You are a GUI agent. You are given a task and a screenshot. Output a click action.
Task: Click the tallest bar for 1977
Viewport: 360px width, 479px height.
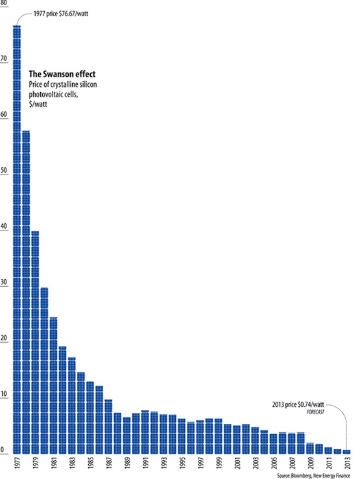[17, 240]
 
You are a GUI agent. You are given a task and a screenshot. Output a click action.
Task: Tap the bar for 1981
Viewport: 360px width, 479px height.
[53, 386]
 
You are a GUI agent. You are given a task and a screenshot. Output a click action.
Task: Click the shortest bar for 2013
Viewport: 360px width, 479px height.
[346, 452]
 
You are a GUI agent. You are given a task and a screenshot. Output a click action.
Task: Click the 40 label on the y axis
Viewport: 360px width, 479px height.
[5, 227]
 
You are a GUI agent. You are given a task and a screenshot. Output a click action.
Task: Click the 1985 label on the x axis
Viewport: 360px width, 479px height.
[90, 465]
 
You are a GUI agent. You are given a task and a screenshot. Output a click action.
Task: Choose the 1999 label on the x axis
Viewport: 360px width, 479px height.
[219, 465]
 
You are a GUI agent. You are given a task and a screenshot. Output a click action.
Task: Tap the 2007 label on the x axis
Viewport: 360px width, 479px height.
[292, 465]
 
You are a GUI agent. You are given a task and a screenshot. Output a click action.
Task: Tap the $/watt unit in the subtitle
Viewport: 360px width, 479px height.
[38, 104]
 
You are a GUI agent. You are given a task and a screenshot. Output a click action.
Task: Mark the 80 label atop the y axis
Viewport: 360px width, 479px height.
[5, 4]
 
